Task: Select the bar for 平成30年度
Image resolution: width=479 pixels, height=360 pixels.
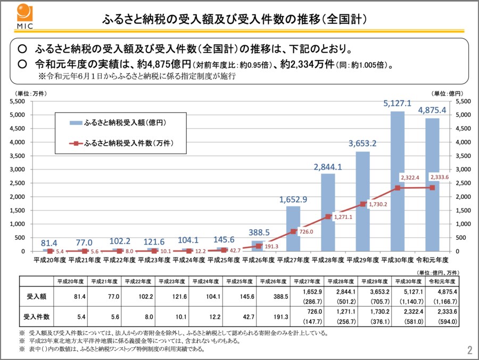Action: pos(398,181)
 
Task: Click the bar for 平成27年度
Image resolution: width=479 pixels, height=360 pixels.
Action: pos(293,228)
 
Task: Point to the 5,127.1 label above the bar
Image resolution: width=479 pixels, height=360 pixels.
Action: pos(398,104)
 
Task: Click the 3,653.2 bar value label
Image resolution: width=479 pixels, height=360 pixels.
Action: pos(362,144)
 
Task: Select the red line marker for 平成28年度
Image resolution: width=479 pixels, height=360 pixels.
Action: pos(328,216)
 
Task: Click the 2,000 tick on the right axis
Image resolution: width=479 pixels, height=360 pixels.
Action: pos(463,197)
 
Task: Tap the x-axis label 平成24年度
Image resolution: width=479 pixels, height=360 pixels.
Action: pos(188,260)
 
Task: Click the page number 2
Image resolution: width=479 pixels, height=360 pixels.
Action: pos(469,350)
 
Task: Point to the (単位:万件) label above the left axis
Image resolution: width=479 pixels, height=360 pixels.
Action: pos(29,94)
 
